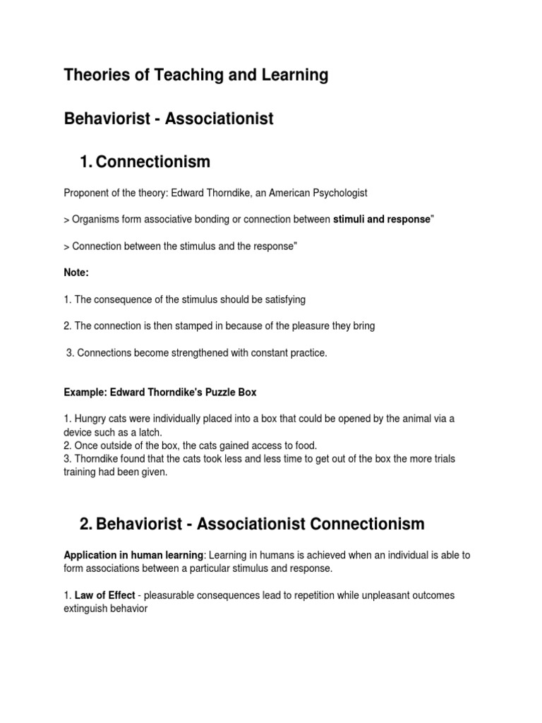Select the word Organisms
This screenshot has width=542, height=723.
point(97,220)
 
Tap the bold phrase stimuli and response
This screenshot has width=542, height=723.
point(381,220)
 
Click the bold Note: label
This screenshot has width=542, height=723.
point(77,272)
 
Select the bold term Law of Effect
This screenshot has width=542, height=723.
point(105,595)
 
